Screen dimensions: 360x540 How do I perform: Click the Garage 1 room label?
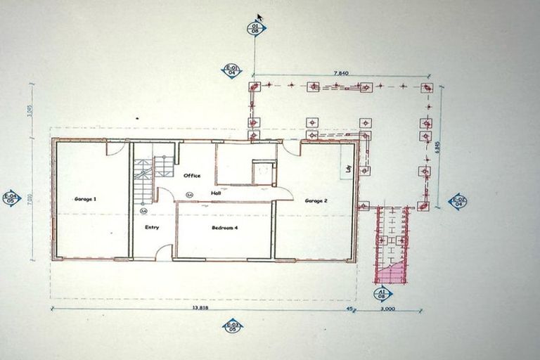85,199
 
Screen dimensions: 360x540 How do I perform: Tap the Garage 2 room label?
316,200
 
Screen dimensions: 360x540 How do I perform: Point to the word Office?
192,175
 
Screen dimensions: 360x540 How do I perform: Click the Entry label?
152,227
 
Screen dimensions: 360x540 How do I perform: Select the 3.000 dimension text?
387,309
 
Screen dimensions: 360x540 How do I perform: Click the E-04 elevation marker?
11,198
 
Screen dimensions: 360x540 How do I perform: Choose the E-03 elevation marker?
232,326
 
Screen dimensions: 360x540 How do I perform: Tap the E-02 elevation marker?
458,202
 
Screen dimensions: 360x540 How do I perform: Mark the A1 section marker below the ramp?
382,293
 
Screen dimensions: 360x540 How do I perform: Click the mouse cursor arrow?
260,18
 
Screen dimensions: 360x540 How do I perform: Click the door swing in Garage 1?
115,148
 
